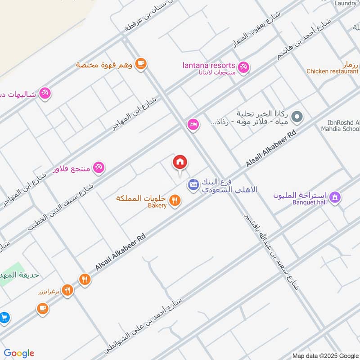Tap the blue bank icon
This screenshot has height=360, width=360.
click(x=193, y=184)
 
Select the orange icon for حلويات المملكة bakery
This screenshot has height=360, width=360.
click(x=175, y=200)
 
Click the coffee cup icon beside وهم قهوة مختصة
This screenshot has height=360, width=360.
click(x=141, y=64)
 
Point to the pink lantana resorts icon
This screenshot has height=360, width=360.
click(x=243, y=67)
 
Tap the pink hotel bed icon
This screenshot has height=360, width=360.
click(x=193, y=124)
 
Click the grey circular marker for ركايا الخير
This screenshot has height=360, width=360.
click(x=296, y=118)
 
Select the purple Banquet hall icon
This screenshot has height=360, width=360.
click(x=334, y=197)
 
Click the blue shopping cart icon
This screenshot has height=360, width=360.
click(x=4, y=317)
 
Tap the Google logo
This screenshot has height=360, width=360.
click(x=19, y=353)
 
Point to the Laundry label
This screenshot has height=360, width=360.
click(x=345, y=3)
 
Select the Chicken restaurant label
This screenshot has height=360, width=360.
click(x=332, y=71)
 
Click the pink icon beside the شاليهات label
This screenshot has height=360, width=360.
click(x=45, y=94)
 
